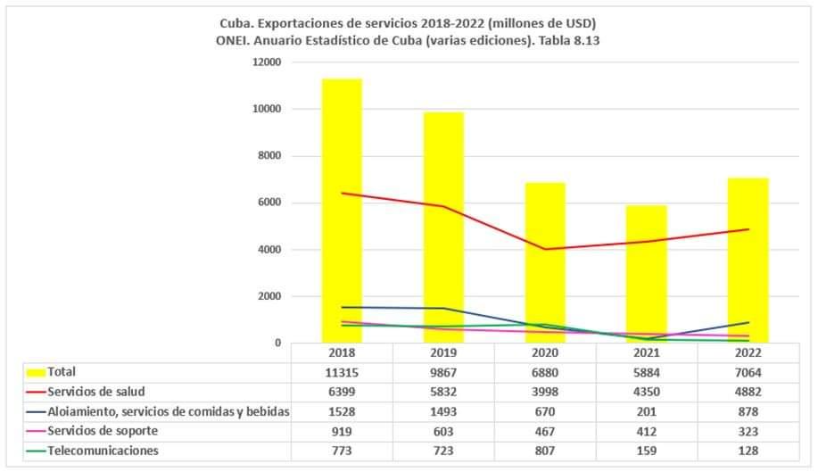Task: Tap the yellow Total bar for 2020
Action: point(544,262)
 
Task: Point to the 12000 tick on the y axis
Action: point(269,62)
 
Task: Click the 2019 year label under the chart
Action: point(443,353)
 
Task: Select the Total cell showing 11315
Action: point(342,372)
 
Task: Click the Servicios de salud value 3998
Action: point(544,392)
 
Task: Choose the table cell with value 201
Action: point(646,411)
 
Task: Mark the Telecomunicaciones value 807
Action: point(544,451)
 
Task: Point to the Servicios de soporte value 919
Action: point(342,431)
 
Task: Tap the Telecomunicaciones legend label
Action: point(103,451)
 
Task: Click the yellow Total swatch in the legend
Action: point(37,372)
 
